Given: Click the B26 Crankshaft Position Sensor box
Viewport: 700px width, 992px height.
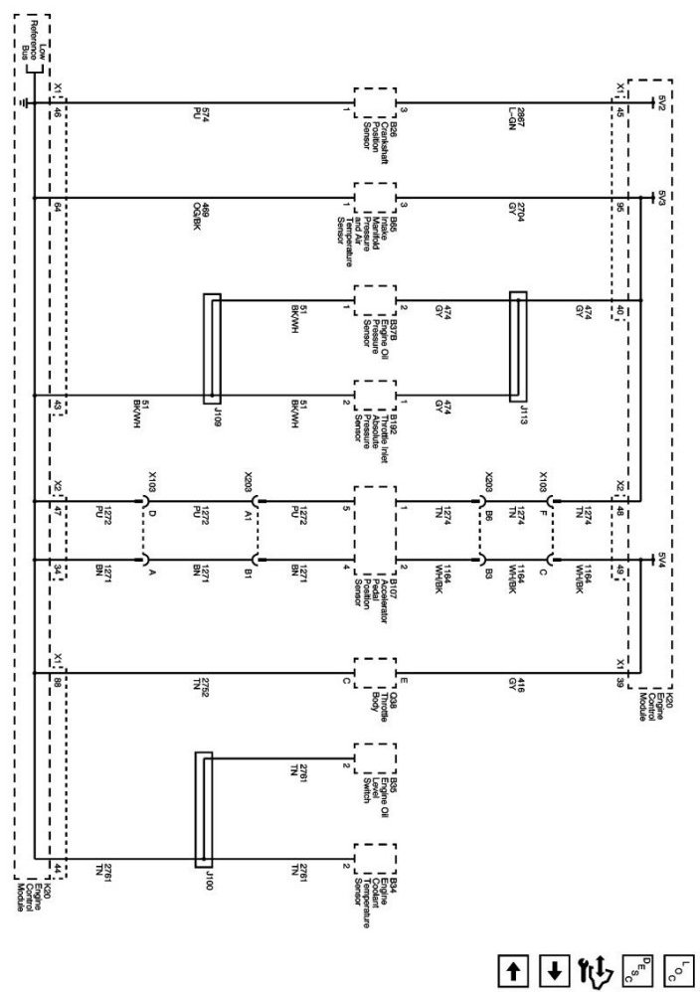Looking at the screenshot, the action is tap(375, 102).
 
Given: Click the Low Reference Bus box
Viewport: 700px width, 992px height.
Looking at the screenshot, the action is tap(35, 44).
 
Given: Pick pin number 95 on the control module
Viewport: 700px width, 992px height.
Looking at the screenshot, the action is tap(620, 208).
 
